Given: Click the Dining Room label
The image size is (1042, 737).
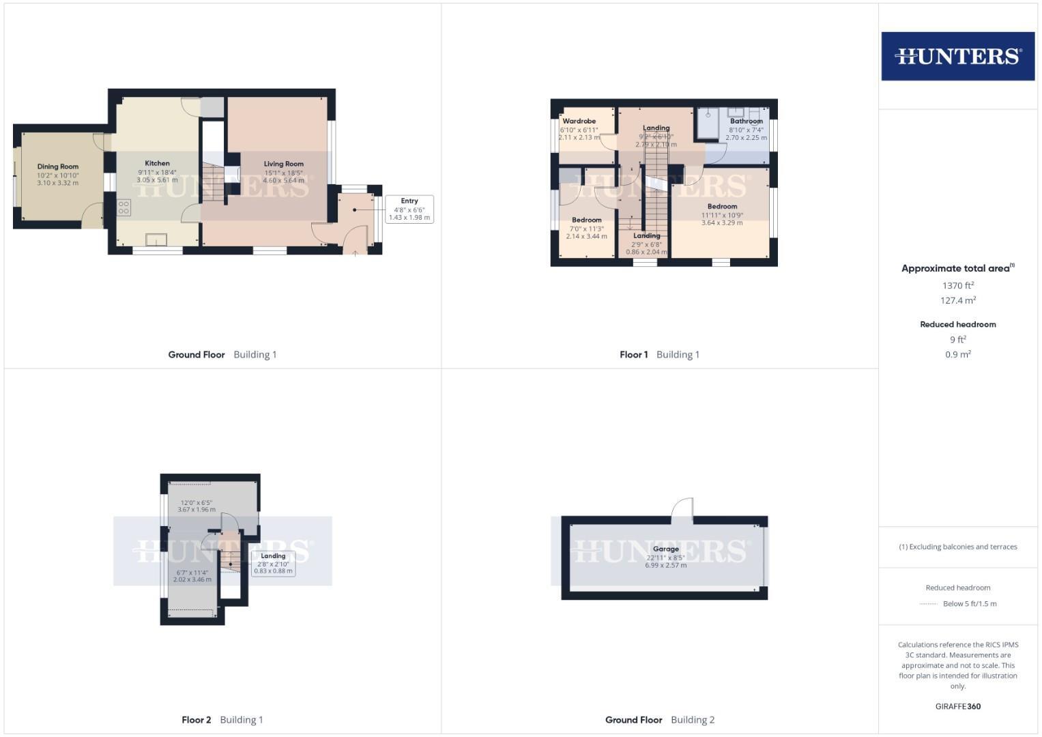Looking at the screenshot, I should pos(58,167).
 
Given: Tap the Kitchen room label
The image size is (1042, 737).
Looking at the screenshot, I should pos(157,163).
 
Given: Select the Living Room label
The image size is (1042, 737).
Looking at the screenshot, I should pos(284,164).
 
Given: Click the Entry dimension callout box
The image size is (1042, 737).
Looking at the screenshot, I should pos(409,209).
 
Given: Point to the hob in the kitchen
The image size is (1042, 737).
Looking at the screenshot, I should pos(124,207).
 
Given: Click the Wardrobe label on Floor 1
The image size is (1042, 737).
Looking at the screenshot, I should pos(579,121).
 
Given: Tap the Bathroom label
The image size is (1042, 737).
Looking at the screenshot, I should pos(747,121).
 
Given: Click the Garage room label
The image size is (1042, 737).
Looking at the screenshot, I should pos(666,549).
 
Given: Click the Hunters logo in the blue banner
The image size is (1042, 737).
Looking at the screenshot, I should pos(958,56).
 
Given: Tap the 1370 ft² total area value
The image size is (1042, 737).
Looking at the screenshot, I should pos(958,286).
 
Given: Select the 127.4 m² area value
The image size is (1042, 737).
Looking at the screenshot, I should pos(958,300).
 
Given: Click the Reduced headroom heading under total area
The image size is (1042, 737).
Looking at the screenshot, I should pos(958,324).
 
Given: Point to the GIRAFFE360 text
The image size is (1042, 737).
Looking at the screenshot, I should pos(958,706).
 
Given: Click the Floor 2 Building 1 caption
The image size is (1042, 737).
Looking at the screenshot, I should pos(222,719).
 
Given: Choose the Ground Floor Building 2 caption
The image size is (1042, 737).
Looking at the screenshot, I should pos(660,719).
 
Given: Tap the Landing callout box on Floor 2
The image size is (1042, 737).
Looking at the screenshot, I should pos(273,564).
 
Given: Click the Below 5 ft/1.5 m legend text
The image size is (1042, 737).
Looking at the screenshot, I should pos(970,603).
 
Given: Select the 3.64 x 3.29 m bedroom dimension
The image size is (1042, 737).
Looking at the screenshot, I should pos(722,222).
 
